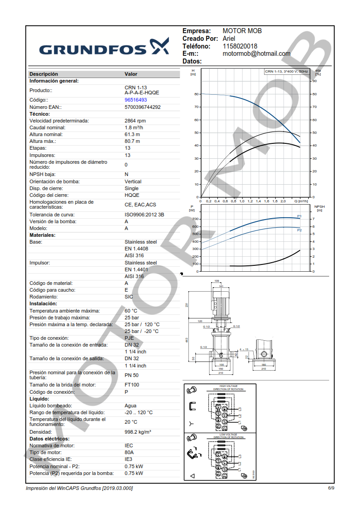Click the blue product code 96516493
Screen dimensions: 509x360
(x=136, y=100)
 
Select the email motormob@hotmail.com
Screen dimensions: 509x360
(x=256, y=54)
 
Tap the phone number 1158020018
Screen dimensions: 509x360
(x=240, y=46)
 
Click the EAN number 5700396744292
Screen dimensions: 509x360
(x=143, y=107)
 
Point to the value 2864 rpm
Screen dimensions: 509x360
(x=135, y=121)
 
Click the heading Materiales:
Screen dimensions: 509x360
(x=43, y=235)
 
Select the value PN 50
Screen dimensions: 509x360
(x=132, y=375)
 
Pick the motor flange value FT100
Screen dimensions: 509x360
(x=132, y=385)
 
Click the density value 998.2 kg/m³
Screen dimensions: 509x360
(x=138, y=432)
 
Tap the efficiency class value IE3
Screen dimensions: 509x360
(x=129, y=459)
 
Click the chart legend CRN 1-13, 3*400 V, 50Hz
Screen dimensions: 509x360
(x=287, y=71)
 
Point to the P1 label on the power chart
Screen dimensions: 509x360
(x=299, y=216)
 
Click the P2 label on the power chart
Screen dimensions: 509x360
(x=299, y=230)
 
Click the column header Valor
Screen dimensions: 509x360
(x=131, y=74)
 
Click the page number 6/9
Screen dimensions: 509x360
(x=331, y=488)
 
